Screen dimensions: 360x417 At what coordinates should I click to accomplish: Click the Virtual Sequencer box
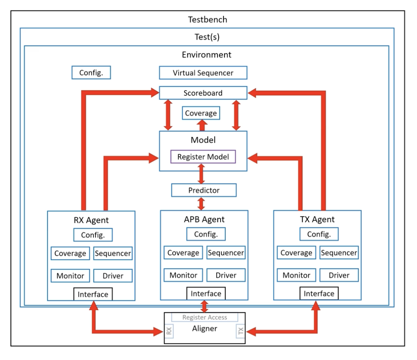click(203, 73)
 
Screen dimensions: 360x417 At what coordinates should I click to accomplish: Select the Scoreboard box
click(203, 93)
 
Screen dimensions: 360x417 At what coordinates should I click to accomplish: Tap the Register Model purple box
click(203, 157)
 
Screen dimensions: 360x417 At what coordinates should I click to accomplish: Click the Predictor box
click(204, 190)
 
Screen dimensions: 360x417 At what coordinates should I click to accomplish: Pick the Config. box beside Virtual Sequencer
click(91, 72)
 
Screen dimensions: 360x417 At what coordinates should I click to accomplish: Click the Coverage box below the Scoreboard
click(201, 113)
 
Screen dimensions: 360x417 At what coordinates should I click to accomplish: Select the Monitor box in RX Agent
click(70, 275)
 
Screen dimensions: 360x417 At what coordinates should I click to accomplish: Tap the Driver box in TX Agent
click(339, 275)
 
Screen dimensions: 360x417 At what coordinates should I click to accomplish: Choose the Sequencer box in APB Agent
click(226, 253)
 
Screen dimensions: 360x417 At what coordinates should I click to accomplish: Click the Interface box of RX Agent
click(93, 294)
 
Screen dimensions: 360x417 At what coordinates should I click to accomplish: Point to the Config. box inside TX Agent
click(319, 234)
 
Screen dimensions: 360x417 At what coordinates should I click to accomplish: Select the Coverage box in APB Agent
click(183, 253)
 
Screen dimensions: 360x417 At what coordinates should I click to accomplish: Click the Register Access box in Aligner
click(204, 317)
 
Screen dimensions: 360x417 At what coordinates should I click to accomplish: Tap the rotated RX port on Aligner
click(169, 331)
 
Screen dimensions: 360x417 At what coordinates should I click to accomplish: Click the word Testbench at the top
click(207, 19)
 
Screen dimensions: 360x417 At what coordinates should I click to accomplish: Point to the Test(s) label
click(207, 37)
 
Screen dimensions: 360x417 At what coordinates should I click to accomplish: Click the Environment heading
click(206, 54)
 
